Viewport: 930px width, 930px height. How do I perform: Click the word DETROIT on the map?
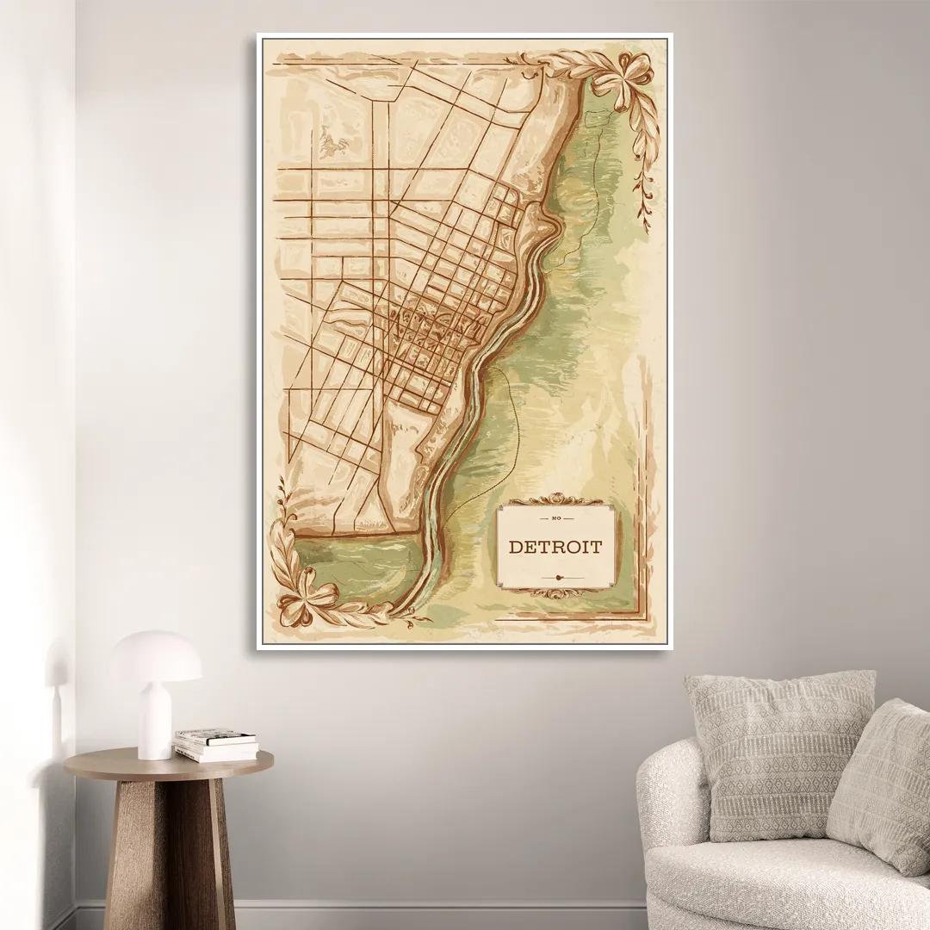tap(555, 547)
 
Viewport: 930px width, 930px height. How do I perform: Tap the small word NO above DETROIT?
tap(555, 519)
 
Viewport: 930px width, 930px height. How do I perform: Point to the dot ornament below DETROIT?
tap(558, 576)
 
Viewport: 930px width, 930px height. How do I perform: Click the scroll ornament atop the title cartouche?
tap(555, 499)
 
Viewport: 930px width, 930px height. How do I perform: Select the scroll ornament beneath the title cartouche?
tap(555, 593)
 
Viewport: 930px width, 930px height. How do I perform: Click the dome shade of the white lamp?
tap(156, 656)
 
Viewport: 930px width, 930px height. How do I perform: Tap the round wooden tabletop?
tap(169, 762)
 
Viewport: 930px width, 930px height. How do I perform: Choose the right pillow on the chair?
tap(883, 784)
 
